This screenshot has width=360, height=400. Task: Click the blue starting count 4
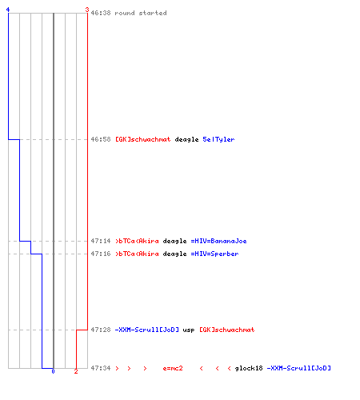8,10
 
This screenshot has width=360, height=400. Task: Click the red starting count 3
87,10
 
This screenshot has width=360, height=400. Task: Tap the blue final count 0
53,371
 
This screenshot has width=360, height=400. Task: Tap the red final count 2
76,371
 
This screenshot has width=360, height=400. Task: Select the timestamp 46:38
101,13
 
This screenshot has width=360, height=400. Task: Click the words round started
141,13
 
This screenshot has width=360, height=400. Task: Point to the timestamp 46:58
101,139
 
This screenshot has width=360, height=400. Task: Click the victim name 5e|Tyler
218,139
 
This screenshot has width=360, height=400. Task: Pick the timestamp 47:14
101,241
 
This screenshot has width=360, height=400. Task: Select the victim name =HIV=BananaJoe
218,241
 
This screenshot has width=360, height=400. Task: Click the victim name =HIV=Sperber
214,254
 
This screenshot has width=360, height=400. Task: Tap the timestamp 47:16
101,254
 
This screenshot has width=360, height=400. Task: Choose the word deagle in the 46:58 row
186,139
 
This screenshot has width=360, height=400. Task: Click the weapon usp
189,330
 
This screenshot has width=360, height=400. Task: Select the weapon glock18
249,368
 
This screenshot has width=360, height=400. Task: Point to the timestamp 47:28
101,330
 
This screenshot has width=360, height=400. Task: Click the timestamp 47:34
101,368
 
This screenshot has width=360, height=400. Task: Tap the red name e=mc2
173,368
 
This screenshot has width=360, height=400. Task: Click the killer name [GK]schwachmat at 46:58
143,139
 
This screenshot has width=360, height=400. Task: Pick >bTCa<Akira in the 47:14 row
137,241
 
